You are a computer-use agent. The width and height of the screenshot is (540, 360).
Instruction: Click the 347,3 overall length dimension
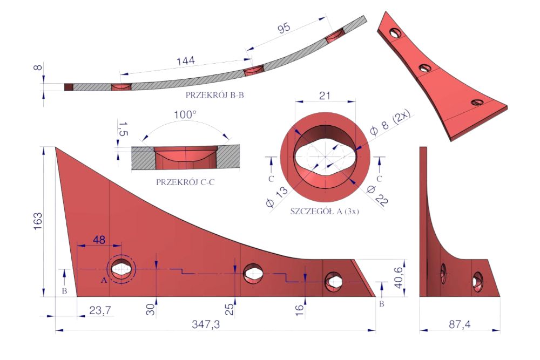(x=206, y=324)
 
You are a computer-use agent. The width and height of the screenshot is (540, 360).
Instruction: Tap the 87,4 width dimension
(x=460, y=324)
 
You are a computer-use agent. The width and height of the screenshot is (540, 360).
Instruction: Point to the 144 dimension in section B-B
(x=186, y=61)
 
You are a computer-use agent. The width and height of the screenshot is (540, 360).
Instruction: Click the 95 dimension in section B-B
(x=284, y=28)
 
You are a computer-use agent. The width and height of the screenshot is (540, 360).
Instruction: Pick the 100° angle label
(x=185, y=114)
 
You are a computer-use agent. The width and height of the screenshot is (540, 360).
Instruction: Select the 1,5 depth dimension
(x=123, y=128)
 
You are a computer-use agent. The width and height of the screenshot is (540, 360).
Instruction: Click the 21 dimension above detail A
(x=325, y=96)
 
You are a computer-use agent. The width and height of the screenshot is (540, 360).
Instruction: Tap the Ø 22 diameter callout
(x=377, y=195)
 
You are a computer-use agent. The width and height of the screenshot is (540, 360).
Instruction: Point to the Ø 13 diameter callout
(x=277, y=197)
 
